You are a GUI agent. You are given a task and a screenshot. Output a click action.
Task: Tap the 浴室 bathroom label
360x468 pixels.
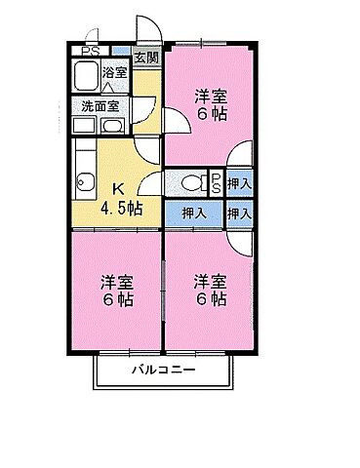(115, 72)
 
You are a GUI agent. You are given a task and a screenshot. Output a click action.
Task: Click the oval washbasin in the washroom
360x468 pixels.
(114, 127)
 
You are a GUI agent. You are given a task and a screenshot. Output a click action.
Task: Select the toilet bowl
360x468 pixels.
(191, 180)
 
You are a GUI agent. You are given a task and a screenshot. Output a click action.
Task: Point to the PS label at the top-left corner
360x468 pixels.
(90, 51)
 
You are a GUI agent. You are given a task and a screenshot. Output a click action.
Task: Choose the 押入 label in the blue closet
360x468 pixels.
(193, 213)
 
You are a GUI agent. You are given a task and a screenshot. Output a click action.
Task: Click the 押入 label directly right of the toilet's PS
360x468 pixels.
(240, 180)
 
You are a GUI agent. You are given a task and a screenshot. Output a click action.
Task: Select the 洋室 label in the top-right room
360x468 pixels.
(210, 96)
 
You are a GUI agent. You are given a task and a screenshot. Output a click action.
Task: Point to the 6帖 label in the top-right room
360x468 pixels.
(210, 114)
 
